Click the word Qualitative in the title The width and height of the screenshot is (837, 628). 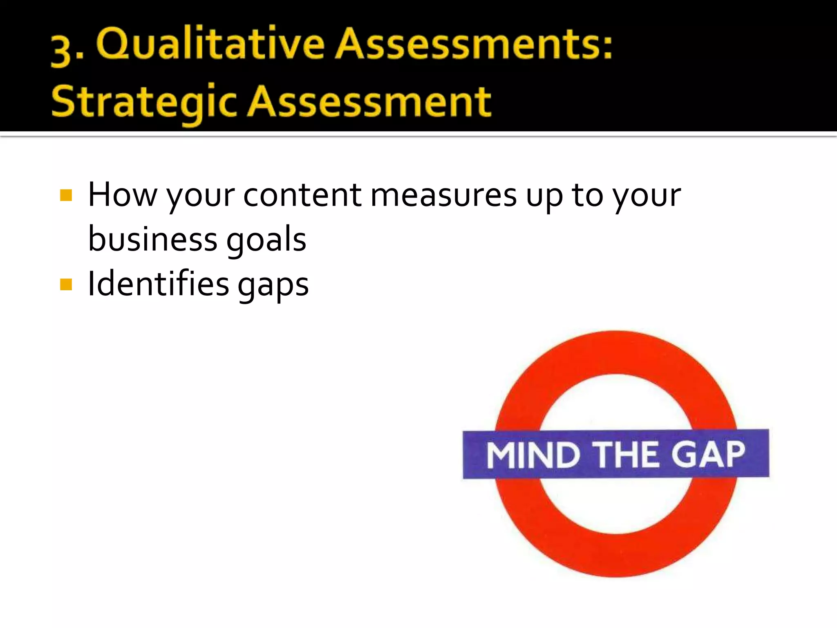point(210,45)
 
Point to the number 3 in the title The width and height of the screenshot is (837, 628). point(61,51)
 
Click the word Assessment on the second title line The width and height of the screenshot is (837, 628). point(370,101)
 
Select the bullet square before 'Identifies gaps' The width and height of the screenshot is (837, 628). point(66,284)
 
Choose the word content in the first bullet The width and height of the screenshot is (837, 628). point(302,195)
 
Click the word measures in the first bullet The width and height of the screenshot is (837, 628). point(443,195)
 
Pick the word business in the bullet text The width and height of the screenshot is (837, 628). point(153,239)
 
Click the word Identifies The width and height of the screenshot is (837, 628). point(159,284)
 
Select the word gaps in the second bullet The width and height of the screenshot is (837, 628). point(273,285)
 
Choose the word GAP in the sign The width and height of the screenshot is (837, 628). point(709,454)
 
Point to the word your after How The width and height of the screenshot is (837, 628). point(200,197)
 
